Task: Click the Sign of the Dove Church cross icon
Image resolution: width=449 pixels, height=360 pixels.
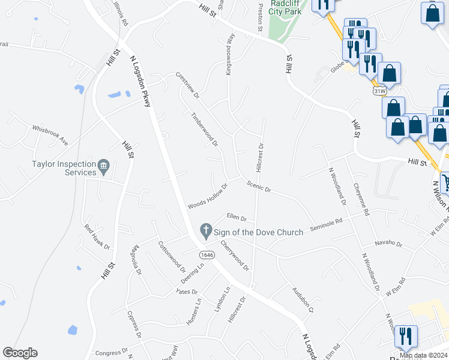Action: (x=206, y=230)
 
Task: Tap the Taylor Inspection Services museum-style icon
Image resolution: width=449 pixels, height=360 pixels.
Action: (x=103, y=165)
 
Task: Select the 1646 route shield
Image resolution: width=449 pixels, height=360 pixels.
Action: (x=207, y=254)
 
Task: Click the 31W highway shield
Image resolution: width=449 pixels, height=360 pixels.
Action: (x=379, y=91)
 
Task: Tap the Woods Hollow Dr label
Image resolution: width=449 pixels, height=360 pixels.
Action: (x=208, y=196)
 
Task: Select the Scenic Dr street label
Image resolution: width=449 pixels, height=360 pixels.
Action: (x=259, y=187)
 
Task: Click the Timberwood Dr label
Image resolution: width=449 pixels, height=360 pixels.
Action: (x=204, y=129)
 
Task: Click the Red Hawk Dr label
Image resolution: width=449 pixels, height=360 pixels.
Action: (x=97, y=237)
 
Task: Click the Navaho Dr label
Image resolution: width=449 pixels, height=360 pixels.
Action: (x=388, y=243)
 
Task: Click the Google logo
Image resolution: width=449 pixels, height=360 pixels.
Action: (x=20, y=353)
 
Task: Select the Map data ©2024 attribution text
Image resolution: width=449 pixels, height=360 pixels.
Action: (x=423, y=355)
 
